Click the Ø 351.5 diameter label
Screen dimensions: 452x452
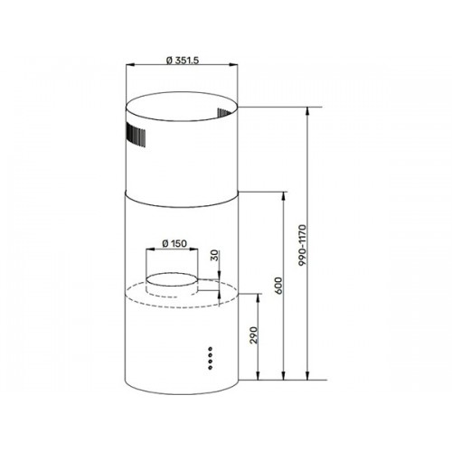click(183, 61)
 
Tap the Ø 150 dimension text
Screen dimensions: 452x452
click(174, 243)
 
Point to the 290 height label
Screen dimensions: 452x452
click(255, 334)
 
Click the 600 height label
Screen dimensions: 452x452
click(279, 286)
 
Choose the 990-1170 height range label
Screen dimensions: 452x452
click(302, 245)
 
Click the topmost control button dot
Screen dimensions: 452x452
click(210, 349)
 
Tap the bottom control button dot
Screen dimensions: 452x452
click(210, 367)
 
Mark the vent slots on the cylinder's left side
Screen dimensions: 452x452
click(136, 135)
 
